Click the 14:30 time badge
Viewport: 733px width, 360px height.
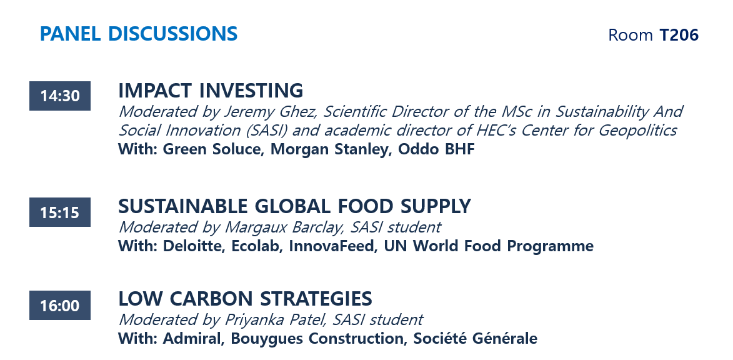(x=60, y=96)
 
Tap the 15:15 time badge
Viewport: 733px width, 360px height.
(x=60, y=212)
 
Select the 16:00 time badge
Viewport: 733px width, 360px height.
(x=60, y=305)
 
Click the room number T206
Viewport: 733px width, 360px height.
(x=679, y=34)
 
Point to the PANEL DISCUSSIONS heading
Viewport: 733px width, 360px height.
(x=139, y=34)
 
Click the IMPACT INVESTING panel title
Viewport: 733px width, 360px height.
(x=211, y=90)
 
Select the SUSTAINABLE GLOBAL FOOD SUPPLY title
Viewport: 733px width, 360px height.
(x=294, y=206)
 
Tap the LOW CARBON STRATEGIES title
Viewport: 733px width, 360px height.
(x=245, y=298)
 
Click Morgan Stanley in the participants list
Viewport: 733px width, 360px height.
(x=331, y=149)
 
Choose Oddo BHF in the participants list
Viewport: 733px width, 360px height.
(x=436, y=149)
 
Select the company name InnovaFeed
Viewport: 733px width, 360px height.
(x=333, y=246)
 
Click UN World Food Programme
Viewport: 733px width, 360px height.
(x=489, y=246)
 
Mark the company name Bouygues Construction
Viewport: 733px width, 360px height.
(x=318, y=338)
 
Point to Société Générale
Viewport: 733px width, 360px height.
(x=475, y=338)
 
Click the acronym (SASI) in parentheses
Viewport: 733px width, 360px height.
(x=267, y=130)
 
